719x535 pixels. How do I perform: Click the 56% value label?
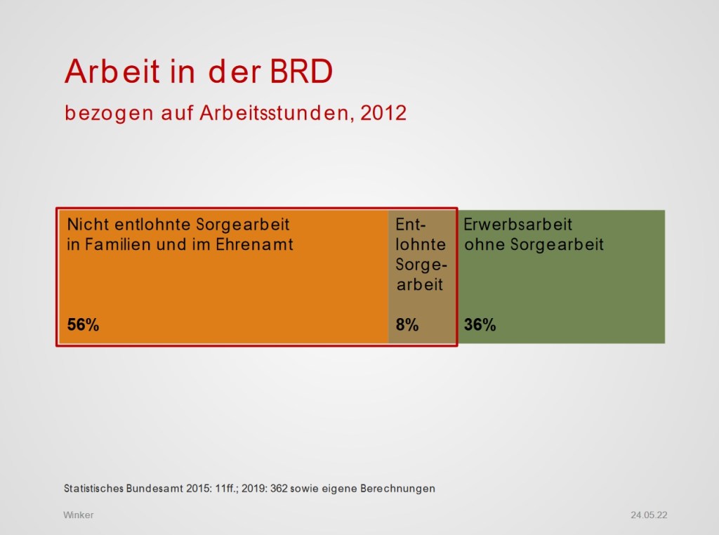pos(83,325)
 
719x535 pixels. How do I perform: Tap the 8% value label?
pos(407,325)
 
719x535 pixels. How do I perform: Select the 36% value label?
pos(480,325)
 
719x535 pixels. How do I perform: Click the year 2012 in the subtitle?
pos(383,113)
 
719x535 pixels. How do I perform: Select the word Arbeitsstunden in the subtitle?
pos(272,113)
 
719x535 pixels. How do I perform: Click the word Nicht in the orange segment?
pos(87,225)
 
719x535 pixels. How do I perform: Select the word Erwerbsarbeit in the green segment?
pos(518,225)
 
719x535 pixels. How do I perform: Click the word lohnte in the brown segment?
pos(421,245)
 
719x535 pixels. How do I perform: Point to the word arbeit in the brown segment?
pos(421,285)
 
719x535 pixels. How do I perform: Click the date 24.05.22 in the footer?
pos(649,515)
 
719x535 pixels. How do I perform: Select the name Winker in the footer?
pos(78,515)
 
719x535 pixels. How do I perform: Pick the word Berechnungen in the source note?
pos(397,488)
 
